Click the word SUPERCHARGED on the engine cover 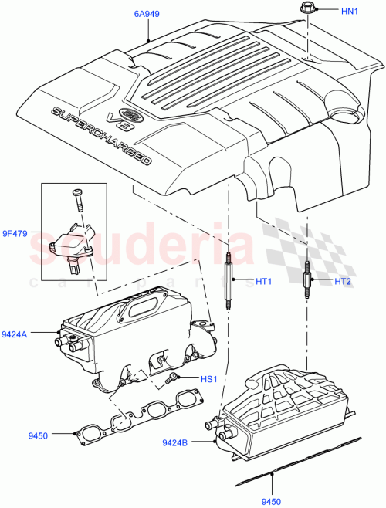[101, 137]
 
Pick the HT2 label [344, 281]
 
